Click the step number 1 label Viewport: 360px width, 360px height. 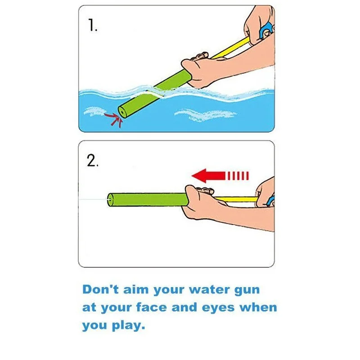tap(93, 25)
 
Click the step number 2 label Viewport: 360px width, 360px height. tap(93, 160)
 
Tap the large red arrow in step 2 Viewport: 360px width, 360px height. tap(220, 176)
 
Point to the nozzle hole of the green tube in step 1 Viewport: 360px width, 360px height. tap(122, 112)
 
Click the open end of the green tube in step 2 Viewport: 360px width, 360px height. tap(110, 200)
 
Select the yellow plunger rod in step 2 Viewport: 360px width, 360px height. tap(237, 199)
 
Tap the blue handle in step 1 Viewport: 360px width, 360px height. tap(266, 30)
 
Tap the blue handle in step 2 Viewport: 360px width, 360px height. tap(271, 201)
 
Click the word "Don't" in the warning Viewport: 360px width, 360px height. tap(100, 289)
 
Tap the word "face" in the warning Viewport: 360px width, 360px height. tap(151, 307)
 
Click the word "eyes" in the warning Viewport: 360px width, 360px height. tap(218, 308)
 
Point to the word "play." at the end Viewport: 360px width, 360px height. tap(128, 326)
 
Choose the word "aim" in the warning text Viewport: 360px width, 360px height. tap(136, 289)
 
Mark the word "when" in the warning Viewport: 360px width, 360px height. tap(258, 307)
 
